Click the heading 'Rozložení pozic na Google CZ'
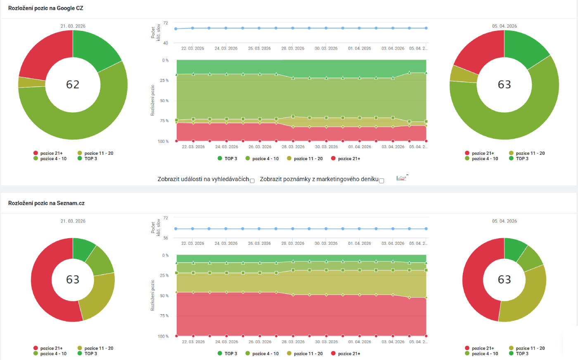click(45, 8)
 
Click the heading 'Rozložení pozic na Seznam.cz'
click(46, 203)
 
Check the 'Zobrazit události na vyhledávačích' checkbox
click(252, 180)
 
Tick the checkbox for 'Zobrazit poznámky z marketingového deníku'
click(381, 180)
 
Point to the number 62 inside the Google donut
click(73, 84)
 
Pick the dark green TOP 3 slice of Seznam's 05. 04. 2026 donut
click(514, 249)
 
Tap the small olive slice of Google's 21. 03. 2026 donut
click(31, 82)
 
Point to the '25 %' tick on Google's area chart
click(164, 81)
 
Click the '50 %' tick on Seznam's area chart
click(164, 296)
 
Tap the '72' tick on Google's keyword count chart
click(166, 23)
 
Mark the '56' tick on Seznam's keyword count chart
click(166, 238)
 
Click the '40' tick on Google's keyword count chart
click(166, 43)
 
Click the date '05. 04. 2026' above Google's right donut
click(504, 26)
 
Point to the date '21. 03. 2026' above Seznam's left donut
click(73, 221)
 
